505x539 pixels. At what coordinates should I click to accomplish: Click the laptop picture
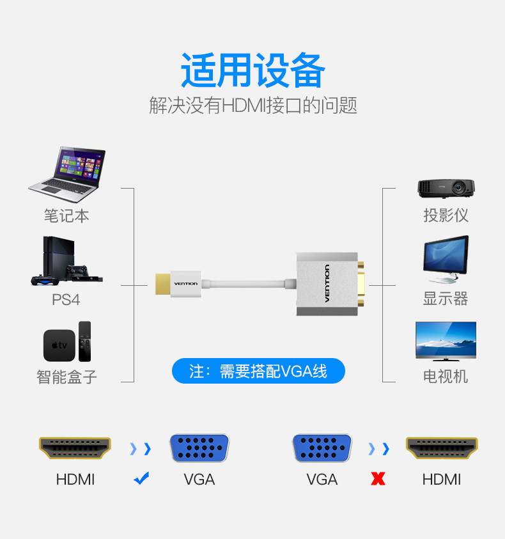67,175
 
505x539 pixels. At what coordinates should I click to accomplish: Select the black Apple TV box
59,345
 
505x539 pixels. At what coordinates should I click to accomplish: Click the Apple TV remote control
84,341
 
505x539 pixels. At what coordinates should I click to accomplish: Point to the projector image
446,189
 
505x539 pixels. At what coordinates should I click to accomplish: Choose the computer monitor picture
446,259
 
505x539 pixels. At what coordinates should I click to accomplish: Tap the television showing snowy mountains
446,341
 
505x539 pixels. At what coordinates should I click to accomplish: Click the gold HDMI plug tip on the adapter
162,284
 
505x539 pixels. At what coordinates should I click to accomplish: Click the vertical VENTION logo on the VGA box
327,284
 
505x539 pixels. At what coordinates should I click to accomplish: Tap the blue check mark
141,478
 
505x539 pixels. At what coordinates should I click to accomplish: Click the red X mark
378,478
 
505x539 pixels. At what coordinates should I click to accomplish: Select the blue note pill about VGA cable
258,371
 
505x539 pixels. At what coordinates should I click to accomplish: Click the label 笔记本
66,216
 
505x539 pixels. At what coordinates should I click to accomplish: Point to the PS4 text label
66,299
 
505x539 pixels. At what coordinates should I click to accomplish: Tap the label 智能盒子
66,377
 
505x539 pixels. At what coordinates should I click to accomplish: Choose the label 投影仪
446,215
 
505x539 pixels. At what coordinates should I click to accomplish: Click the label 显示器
446,299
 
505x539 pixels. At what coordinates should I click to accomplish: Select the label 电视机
446,377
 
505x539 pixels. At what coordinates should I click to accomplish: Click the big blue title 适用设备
252,70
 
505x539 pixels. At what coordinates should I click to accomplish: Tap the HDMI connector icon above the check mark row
75,448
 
